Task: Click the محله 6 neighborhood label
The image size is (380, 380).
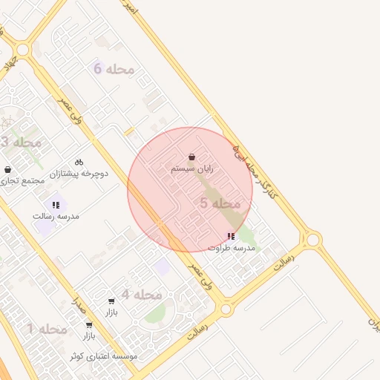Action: point(114,69)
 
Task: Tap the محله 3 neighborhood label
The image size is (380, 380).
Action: point(21,142)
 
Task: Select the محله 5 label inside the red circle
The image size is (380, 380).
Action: point(220,203)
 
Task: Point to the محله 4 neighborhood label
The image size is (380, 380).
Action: point(142,295)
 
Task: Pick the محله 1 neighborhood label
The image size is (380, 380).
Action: point(47,328)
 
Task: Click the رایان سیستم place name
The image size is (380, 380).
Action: point(192,169)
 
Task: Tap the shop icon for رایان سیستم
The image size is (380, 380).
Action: point(192,157)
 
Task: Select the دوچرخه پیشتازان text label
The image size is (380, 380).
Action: point(79,174)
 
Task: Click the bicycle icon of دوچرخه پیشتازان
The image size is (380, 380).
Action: point(79,162)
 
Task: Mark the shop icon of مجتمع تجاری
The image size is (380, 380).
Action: point(7,169)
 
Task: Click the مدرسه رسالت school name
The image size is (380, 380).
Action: point(56,216)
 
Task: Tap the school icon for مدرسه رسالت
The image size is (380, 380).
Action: point(56,204)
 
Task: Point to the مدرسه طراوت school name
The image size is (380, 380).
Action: point(231,247)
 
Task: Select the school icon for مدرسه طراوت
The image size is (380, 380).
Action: point(231,236)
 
